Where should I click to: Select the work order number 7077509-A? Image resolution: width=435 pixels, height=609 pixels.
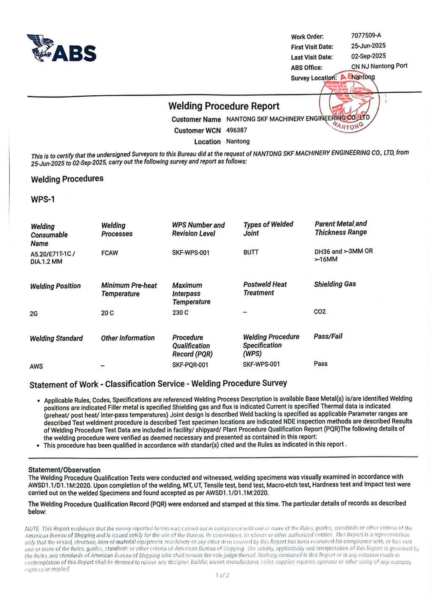click(366, 36)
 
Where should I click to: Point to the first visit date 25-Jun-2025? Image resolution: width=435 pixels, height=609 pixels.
click(368, 46)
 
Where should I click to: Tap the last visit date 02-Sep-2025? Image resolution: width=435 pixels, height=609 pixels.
click(368, 56)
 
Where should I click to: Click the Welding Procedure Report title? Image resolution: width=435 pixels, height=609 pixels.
click(224, 106)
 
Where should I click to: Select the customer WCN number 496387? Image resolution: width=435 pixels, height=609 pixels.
click(237, 130)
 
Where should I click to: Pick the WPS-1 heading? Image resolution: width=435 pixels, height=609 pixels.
click(43, 199)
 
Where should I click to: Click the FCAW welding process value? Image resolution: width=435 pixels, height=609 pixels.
click(110, 253)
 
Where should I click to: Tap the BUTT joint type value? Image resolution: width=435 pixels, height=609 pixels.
click(251, 252)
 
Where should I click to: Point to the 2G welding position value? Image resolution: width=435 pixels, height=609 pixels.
click(34, 314)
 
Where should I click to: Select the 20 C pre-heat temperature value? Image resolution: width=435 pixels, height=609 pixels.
click(107, 313)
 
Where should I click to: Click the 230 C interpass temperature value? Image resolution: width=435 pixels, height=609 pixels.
click(180, 313)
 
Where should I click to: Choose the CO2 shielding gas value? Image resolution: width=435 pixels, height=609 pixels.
click(320, 312)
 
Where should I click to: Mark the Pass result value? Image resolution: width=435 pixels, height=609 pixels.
click(320, 364)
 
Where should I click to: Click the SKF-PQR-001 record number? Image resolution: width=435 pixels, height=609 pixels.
click(190, 365)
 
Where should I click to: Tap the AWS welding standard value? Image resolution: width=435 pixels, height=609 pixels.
click(36, 366)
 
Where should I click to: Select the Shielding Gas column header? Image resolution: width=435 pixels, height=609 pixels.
click(335, 284)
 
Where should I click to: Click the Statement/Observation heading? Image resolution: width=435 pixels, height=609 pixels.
click(64, 470)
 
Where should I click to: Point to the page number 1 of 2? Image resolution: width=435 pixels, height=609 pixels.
click(222, 575)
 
